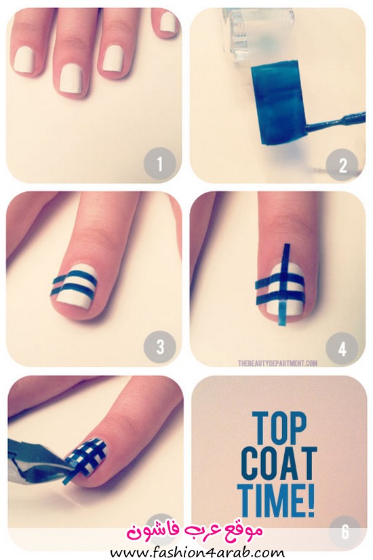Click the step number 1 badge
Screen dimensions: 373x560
pyautogui.click(x=159, y=163)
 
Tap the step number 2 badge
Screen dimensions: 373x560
pyautogui.click(x=342, y=164)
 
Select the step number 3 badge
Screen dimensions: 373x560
pyautogui.click(x=159, y=346)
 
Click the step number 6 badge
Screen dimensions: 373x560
pyautogui.click(x=345, y=531)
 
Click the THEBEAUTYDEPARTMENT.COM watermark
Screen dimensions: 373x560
pyautogui.click(x=277, y=363)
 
